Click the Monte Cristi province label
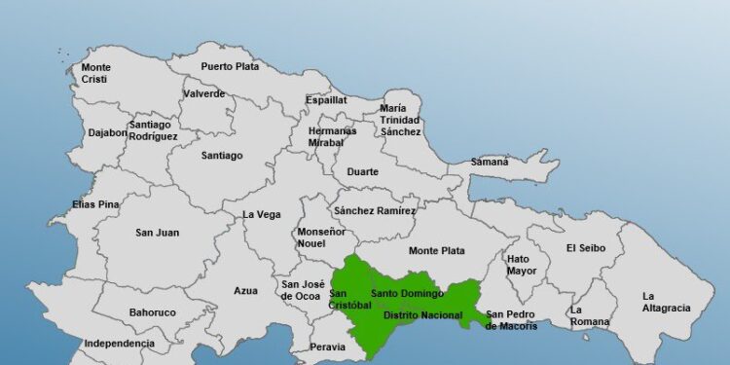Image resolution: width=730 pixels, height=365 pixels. click(95, 74)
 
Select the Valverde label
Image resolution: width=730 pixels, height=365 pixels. click(203, 93)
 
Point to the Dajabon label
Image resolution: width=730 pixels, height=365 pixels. click(108, 132)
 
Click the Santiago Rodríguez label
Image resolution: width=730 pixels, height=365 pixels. click(153, 130)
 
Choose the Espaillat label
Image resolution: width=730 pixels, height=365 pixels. click(326, 99)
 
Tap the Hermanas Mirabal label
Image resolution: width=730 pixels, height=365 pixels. click(332, 136)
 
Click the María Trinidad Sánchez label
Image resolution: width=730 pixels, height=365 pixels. click(400, 120)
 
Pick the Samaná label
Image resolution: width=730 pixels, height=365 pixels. click(490, 162)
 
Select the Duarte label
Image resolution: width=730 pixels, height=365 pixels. click(362, 172)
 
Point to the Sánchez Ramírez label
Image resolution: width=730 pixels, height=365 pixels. click(375, 210)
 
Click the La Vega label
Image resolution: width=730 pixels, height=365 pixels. click(261, 214)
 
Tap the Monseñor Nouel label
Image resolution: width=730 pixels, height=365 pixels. click(321, 238)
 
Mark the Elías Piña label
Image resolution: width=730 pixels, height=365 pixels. click(95, 204)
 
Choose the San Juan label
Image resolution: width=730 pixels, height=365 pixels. click(157, 233)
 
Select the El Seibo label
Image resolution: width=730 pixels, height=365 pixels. click(586, 248)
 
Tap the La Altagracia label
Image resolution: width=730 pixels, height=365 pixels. click(666, 302)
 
